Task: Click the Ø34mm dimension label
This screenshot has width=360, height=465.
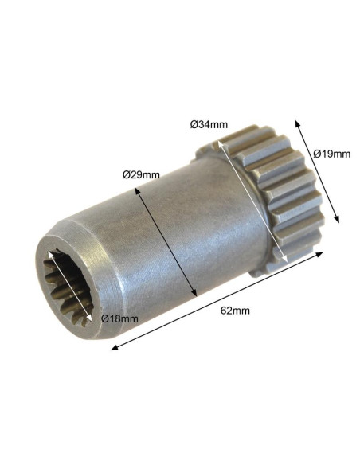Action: [209, 124]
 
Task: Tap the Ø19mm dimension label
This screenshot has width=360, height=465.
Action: [332, 154]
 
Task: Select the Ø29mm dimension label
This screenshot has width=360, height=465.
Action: [141, 175]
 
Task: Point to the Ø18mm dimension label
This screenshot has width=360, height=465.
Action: [119, 318]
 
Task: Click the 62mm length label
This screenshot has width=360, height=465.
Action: [235, 311]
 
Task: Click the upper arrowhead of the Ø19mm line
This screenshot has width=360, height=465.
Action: [296, 123]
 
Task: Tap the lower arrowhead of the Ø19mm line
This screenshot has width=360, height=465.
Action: [337, 219]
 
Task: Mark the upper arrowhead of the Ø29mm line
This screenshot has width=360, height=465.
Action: [137, 190]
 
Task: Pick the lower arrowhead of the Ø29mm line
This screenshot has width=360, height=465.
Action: [194, 293]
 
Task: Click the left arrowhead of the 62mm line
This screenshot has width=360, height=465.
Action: [114, 348]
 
